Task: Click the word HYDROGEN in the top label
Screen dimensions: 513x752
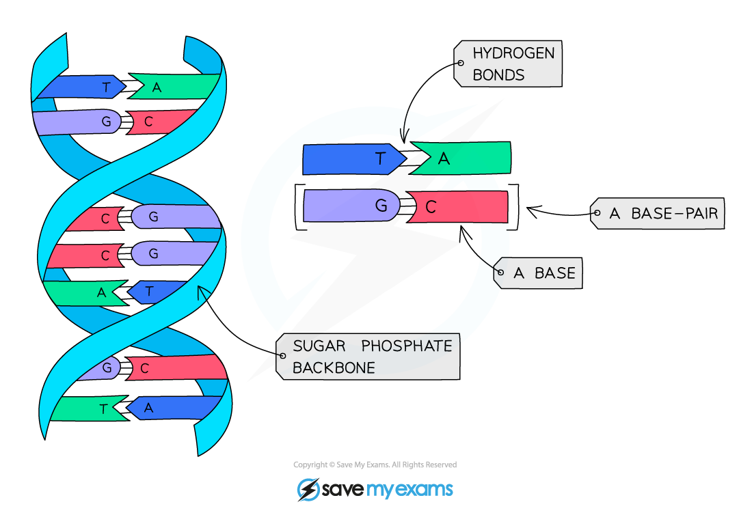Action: [513, 53]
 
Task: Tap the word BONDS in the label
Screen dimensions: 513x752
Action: [498, 74]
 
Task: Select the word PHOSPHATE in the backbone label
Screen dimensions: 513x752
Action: [407, 346]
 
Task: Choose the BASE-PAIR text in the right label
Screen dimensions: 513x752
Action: [674, 214]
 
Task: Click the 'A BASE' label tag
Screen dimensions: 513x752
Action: [537, 273]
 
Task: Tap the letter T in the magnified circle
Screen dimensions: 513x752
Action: [381, 159]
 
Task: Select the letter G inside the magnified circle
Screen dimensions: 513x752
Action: [381, 206]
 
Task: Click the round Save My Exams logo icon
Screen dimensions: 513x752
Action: [308, 489]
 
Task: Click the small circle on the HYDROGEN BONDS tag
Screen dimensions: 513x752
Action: [460, 63]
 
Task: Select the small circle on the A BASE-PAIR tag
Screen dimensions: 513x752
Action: [596, 214]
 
